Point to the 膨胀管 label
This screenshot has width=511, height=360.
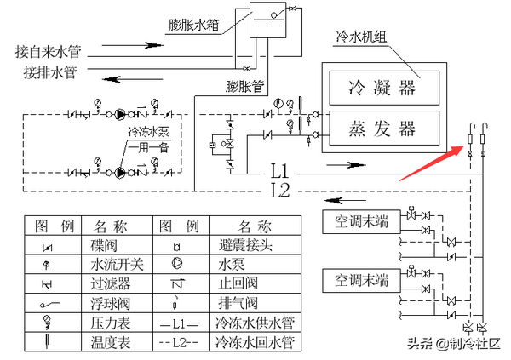point(245,86)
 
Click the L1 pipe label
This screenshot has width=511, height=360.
point(280,169)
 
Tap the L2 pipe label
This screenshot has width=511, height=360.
point(280,188)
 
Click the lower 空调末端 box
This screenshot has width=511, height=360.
point(362,279)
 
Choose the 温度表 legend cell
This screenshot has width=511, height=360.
point(111,343)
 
